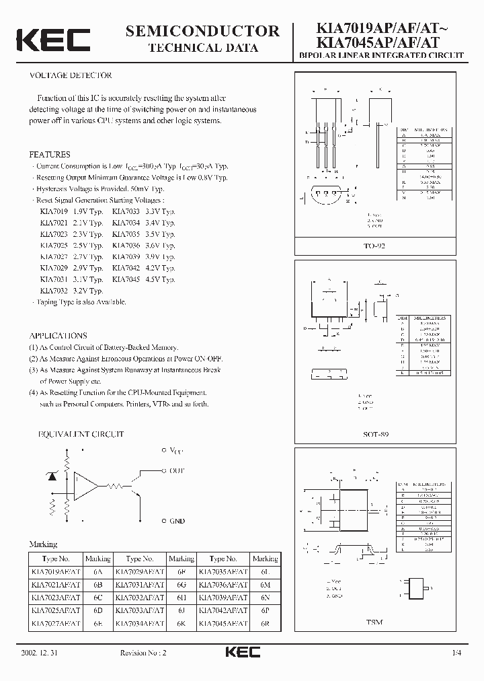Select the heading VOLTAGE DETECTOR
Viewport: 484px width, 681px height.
click(x=71, y=75)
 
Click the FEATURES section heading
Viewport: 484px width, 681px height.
click(x=50, y=154)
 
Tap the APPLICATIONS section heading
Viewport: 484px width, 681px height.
click(x=58, y=335)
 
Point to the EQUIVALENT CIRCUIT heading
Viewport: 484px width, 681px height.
click(x=76, y=435)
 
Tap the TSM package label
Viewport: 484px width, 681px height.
click(x=375, y=622)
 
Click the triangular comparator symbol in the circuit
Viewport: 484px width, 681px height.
click(x=85, y=485)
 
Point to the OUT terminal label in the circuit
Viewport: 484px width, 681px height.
click(x=177, y=471)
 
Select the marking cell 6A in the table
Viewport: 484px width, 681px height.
click(x=97, y=571)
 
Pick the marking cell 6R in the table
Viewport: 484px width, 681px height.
click(x=264, y=624)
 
